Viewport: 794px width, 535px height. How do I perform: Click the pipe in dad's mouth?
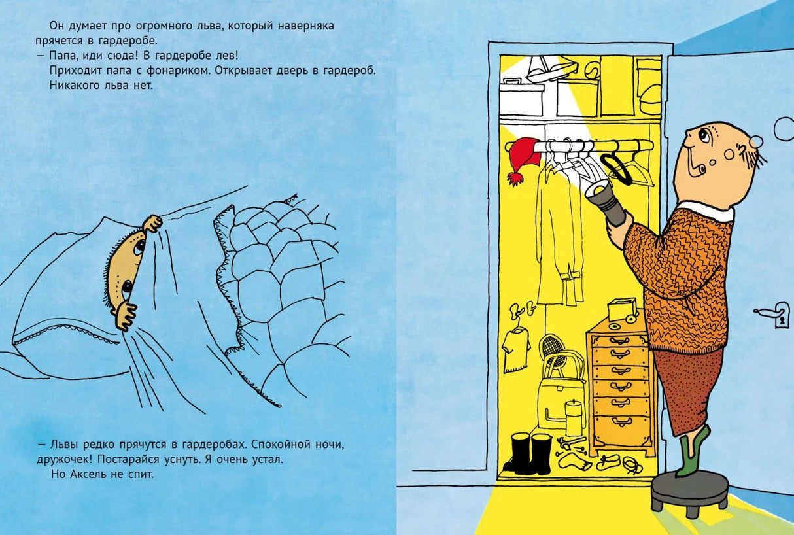pyautogui.click(x=692, y=162)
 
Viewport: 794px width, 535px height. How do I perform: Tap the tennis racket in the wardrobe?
pyautogui.click(x=552, y=352)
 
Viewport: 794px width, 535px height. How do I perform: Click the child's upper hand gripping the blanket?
pyautogui.click(x=153, y=224)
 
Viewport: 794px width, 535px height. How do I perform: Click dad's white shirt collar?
pyautogui.click(x=706, y=211)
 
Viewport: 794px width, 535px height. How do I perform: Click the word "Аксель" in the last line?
pyautogui.click(x=88, y=474)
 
